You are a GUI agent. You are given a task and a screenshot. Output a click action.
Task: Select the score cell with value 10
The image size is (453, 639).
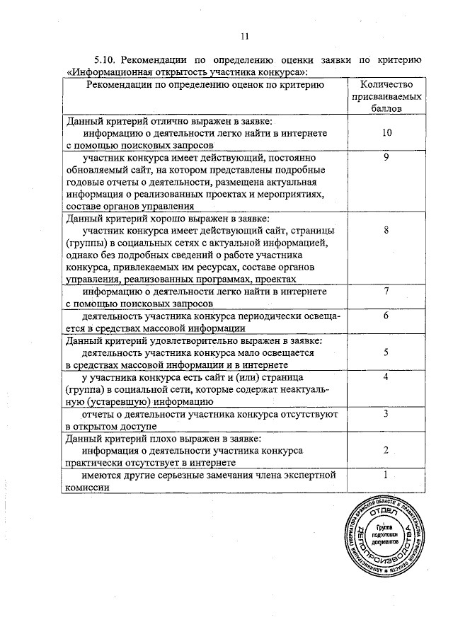pos(386,132)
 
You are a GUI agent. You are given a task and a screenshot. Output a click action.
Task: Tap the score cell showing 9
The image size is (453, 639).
pos(386,158)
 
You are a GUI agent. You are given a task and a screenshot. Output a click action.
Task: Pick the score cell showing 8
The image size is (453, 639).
pos(386,231)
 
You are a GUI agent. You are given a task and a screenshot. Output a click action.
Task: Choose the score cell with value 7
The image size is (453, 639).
pos(386,291)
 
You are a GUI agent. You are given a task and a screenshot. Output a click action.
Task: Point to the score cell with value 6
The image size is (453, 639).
pos(386,316)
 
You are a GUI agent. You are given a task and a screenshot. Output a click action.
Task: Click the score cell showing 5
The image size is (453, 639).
pos(386,352)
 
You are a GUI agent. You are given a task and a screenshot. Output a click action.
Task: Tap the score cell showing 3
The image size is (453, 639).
pos(386,413)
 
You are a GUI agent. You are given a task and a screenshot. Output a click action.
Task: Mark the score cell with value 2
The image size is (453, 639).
pos(386,449)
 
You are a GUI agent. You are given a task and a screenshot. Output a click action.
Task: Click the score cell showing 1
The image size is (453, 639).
pos(386,475)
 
